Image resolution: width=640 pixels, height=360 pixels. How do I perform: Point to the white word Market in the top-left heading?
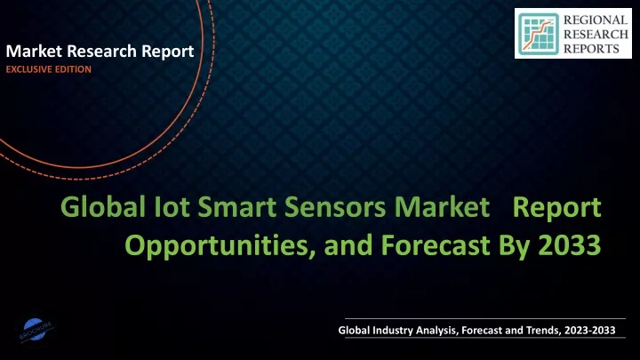34,51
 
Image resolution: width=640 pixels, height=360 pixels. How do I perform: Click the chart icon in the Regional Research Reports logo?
539,35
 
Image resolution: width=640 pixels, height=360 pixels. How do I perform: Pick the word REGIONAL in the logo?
596,20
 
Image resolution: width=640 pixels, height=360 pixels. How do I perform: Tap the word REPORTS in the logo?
591,49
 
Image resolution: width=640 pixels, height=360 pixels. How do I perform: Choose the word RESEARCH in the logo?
596,35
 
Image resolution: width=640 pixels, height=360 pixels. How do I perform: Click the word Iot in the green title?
172,206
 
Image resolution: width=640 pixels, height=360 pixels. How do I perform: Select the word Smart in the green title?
237,206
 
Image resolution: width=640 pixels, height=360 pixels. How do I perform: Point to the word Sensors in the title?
335,206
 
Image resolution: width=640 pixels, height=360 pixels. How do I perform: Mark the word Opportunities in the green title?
220,245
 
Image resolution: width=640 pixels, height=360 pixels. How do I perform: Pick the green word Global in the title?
103,206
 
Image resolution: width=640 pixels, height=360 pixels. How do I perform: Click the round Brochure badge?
36,330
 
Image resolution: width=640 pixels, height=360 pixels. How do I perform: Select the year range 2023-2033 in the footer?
590,330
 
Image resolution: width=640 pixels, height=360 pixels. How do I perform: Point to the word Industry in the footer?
392,331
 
